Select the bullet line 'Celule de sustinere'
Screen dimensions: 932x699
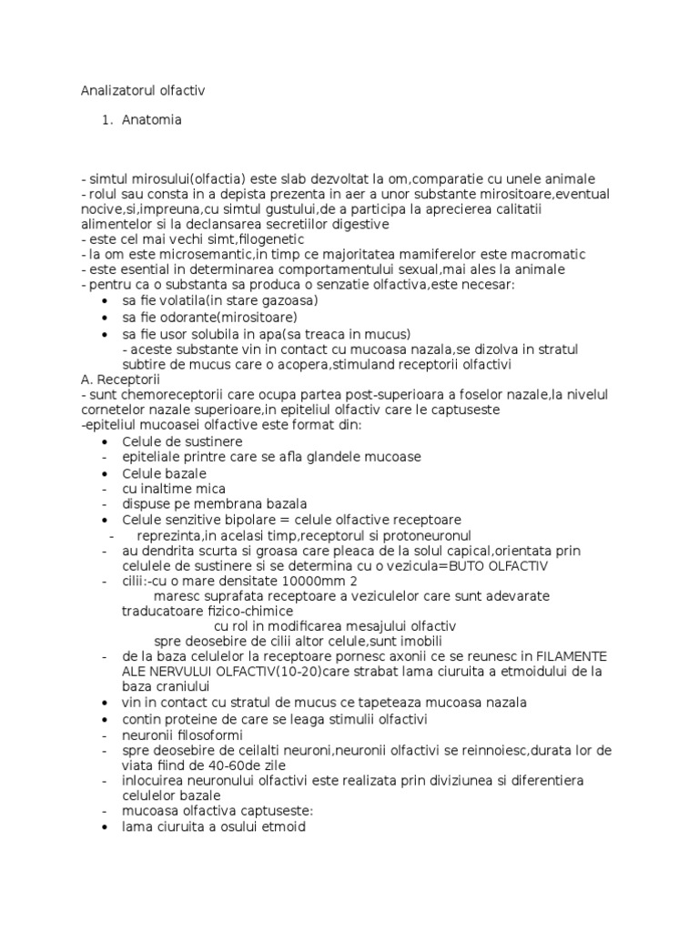click(182, 441)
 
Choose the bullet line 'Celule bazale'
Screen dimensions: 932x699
click(164, 473)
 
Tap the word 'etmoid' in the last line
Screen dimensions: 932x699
click(283, 827)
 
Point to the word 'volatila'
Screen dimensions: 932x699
click(181, 300)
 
